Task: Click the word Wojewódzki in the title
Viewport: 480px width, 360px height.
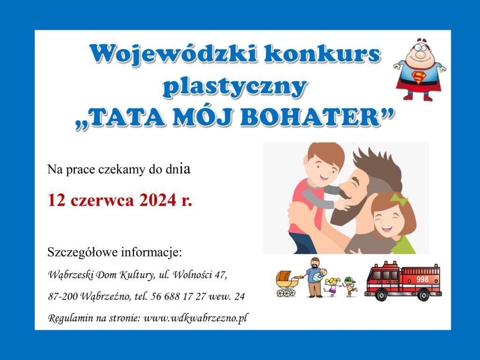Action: coord(173,55)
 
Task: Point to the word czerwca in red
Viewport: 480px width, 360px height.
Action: coord(102,201)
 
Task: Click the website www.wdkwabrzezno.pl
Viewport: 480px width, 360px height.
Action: coord(195,318)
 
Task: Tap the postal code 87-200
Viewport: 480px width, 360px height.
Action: coord(62,296)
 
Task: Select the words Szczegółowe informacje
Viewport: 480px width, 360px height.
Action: coord(114,253)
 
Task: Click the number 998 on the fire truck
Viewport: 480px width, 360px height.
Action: coord(422,279)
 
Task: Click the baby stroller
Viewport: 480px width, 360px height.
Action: coord(287,284)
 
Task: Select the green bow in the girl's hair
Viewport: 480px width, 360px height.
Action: coord(398,199)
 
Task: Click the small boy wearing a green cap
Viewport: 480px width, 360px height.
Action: coord(350,287)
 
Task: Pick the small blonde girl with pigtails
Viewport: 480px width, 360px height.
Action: coord(332,287)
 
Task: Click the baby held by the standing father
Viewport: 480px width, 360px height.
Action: coord(321,274)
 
